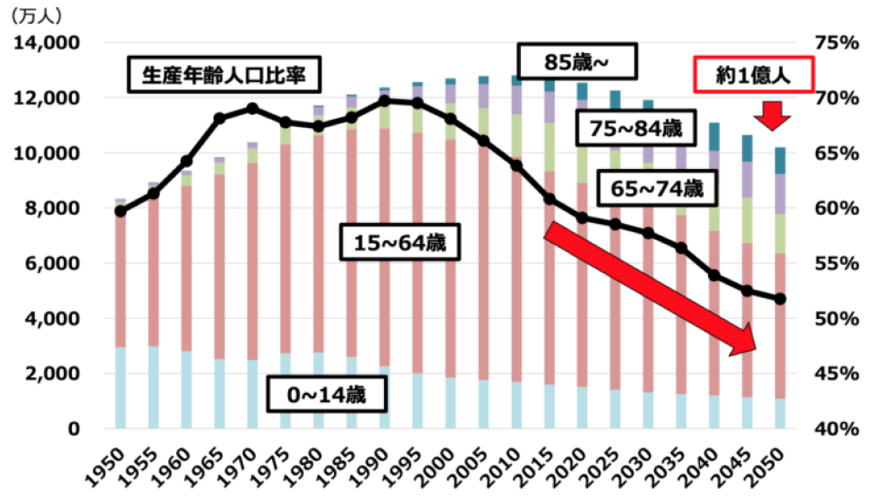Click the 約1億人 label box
pyautogui.click(x=754, y=77)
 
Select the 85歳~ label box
pyautogui.click(x=576, y=62)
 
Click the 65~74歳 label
pyautogui.click(x=655, y=189)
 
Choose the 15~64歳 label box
pyautogui.click(x=405, y=245)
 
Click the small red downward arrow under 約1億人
pyautogui.click(x=776, y=115)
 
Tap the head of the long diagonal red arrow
pyautogui.click(x=746, y=345)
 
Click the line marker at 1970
pyautogui.click(x=254, y=109)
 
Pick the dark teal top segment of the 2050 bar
pyautogui.click(x=781, y=161)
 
